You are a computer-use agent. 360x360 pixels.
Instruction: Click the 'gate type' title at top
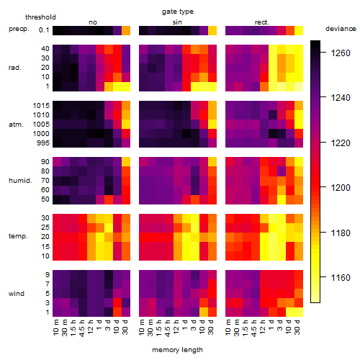[x=178, y=12]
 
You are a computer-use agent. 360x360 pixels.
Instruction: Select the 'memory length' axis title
[x=177, y=350]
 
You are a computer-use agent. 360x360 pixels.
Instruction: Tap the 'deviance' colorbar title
[x=341, y=29]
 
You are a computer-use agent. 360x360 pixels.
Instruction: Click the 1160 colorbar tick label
[x=341, y=278]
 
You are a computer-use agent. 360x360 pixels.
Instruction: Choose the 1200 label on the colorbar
[x=341, y=188]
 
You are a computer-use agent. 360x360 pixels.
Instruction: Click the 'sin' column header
[x=177, y=22]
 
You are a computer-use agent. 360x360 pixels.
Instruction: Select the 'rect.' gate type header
[x=261, y=22]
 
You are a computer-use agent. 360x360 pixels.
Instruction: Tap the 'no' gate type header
[x=93, y=22]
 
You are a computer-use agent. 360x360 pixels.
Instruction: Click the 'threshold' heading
[x=40, y=17]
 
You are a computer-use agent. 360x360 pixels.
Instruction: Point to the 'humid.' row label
[x=20, y=181]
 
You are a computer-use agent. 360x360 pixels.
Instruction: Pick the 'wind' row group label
[x=17, y=294]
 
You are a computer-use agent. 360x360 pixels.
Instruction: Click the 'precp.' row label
[x=19, y=29]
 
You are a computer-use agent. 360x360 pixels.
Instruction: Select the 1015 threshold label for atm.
[x=41, y=106]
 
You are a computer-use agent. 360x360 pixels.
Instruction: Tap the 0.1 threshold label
[x=44, y=30]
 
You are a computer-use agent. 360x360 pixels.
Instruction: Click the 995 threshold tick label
[x=43, y=143]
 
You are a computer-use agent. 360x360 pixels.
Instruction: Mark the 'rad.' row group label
[x=15, y=68]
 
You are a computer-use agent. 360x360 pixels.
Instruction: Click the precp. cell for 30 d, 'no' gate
[x=126, y=30]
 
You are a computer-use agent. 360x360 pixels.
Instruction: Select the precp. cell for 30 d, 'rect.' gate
[x=299, y=30]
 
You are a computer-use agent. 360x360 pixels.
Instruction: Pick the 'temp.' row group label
[x=18, y=236]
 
